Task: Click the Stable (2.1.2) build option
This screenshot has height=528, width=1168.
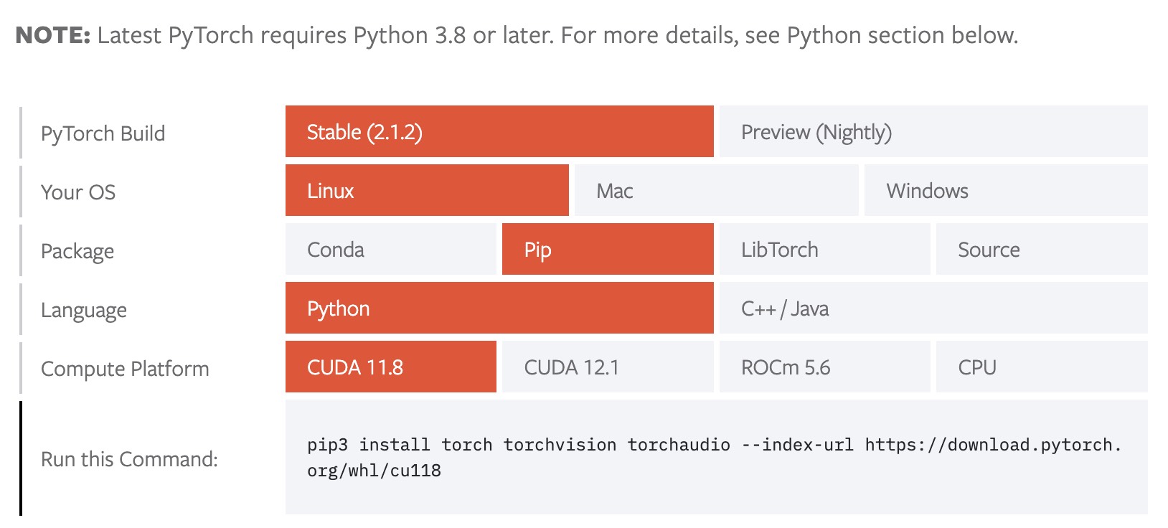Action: tap(499, 131)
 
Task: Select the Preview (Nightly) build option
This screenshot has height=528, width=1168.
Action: tap(933, 131)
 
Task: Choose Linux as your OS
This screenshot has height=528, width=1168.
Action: tap(427, 190)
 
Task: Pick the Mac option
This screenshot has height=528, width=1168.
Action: tap(717, 190)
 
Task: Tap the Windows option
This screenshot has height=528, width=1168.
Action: tap(1006, 190)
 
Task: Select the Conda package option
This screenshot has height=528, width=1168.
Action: tap(390, 249)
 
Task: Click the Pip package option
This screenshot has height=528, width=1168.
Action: tap(608, 249)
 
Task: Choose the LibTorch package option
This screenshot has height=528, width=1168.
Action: tap(825, 249)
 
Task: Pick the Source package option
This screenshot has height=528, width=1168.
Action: tap(1042, 249)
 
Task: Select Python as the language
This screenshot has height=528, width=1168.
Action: tap(499, 308)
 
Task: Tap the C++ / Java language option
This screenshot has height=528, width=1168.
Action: tap(933, 308)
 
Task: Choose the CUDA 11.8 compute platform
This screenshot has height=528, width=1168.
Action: tap(390, 367)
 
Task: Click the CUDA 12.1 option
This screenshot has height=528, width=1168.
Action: tap(608, 367)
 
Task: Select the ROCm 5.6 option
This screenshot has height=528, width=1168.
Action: tap(825, 367)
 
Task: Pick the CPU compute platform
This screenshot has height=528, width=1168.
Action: tap(1042, 367)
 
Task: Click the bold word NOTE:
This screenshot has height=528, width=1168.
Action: tap(53, 35)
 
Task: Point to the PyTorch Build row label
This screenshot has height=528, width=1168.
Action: tap(103, 133)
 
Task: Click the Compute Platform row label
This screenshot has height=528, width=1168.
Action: tap(125, 369)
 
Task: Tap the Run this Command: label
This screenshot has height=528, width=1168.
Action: tap(129, 459)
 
